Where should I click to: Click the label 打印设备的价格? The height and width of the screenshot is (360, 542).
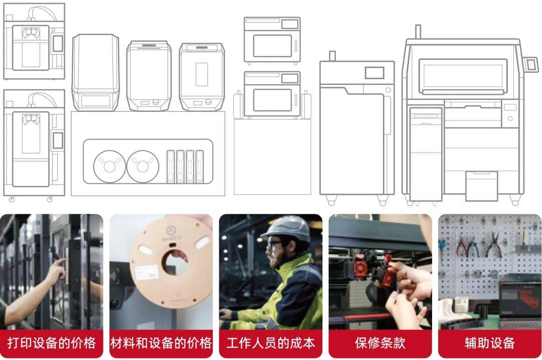52,343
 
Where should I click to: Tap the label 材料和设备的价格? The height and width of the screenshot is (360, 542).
161,343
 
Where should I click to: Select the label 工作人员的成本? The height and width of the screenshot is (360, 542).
270,343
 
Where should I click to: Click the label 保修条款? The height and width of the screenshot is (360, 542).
380,343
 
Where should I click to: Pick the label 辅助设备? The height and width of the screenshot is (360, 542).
490,343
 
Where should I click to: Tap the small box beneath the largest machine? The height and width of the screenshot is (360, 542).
481,185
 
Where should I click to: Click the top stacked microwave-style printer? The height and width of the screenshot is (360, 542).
272,40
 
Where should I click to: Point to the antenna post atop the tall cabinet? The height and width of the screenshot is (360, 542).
332,56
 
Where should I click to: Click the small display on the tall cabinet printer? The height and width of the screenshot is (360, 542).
374,73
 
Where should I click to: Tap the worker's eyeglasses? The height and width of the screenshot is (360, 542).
274,245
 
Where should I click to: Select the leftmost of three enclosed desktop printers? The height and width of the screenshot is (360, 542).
95,72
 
